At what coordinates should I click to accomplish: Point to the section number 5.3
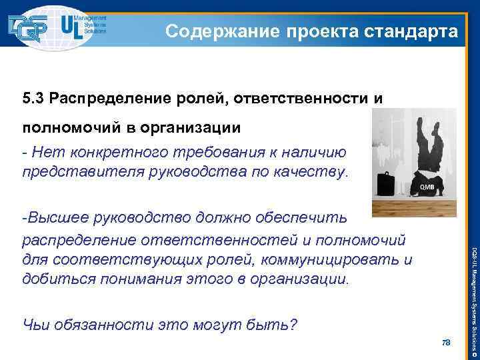[x=33, y=99]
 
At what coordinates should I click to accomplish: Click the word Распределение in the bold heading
[x=113, y=99]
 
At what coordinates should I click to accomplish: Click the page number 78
[x=447, y=342]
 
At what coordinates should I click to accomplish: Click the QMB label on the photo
[x=427, y=187]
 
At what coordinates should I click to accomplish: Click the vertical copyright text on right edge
[x=472, y=287]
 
